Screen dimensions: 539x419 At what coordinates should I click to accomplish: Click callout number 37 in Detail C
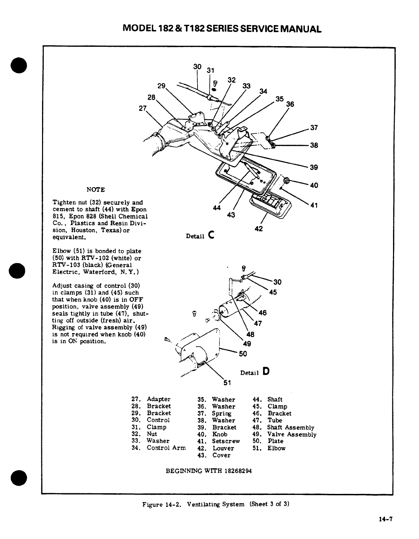click(x=314, y=128)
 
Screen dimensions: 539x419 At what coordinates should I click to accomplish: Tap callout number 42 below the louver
click(x=259, y=229)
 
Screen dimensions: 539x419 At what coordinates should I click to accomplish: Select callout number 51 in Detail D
click(x=227, y=383)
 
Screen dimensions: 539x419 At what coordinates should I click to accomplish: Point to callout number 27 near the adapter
click(x=143, y=108)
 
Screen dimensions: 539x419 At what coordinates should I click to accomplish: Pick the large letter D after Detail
click(x=266, y=371)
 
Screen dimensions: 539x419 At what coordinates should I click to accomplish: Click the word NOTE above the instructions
click(x=96, y=190)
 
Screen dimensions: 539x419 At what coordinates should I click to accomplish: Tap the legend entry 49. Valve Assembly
click(x=284, y=434)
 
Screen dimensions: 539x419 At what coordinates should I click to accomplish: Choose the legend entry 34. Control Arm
click(x=159, y=448)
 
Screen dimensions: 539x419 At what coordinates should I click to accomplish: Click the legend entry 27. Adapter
click(x=151, y=399)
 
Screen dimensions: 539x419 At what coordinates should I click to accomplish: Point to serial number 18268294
click(x=238, y=471)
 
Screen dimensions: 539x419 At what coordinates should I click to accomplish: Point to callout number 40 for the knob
click(x=314, y=185)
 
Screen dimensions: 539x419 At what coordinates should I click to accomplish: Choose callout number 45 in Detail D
click(x=273, y=292)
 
